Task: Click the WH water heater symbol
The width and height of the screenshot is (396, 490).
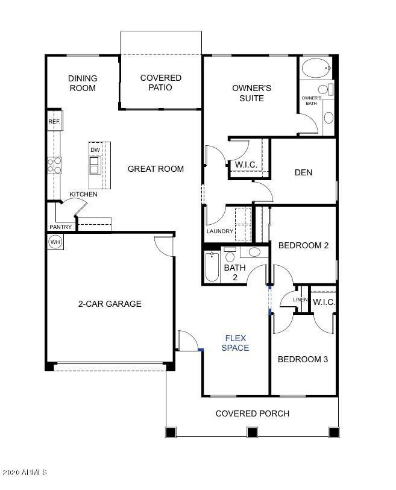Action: click(55, 242)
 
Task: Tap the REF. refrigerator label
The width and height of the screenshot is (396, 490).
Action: click(54, 121)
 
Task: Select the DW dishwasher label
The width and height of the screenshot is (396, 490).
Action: click(95, 150)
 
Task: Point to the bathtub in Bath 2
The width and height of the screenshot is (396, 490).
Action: click(212, 267)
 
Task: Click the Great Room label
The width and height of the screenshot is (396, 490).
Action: click(156, 169)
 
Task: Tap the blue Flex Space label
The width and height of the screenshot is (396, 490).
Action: click(235, 343)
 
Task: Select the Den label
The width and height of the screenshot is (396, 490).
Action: click(303, 172)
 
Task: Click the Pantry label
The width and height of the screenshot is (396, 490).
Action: click(61, 227)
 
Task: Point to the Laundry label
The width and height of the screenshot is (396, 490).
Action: click(220, 231)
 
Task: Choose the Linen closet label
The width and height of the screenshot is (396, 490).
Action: click(300, 300)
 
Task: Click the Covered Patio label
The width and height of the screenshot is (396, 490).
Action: click(161, 83)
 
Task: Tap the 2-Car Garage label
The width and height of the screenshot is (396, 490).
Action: click(110, 304)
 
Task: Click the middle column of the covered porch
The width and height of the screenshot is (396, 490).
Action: click(252, 432)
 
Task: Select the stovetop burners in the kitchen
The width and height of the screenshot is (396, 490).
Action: click(54, 165)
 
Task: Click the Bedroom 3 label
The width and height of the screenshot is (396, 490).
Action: click(303, 359)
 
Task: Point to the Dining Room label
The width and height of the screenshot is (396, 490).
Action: click(83, 83)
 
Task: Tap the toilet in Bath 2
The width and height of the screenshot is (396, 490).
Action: click(230, 255)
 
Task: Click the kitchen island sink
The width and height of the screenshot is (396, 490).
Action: click(94, 165)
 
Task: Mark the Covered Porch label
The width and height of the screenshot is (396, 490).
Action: click(253, 413)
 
